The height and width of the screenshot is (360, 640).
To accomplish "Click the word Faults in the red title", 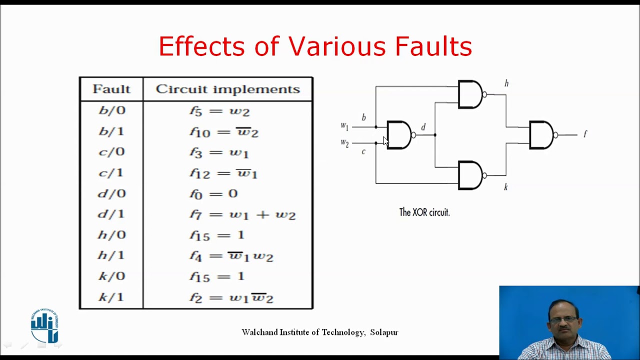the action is tap(433, 46).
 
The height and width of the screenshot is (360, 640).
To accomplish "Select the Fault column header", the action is tap(111, 89).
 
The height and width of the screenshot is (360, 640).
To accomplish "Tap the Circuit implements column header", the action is tap(227, 89).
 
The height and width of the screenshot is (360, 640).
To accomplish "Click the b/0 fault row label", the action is tap(111, 110).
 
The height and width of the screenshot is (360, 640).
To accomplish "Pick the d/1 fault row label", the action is tap(111, 214).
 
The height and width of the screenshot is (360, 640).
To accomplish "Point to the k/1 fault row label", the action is tap(111, 297).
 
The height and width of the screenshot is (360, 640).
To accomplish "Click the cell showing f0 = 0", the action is tap(213, 194).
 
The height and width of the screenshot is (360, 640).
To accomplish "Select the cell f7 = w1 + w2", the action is tap(242, 215).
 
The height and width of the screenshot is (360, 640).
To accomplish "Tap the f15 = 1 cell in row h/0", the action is tap(216, 235).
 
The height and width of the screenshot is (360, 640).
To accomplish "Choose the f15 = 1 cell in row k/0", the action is tap(216, 276).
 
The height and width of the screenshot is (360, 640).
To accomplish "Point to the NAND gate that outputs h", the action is tap(470, 94).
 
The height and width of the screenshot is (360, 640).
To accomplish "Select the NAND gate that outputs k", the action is tap(470, 175).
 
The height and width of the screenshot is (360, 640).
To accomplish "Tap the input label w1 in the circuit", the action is tap(344, 126).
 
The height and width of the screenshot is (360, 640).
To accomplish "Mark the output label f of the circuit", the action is tap(585, 134).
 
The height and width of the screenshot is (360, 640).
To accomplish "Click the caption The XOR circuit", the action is tap(424, 212).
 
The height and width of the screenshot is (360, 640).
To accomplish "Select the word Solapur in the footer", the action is tap(384, 332).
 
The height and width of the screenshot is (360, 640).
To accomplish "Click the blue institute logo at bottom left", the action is tap(44, 326).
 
